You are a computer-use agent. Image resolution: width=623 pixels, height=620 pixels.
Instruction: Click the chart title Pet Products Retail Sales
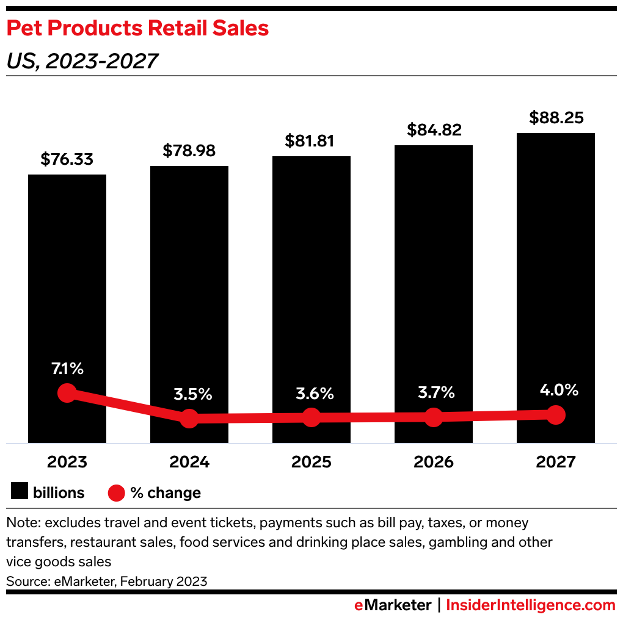(x=138, y=28)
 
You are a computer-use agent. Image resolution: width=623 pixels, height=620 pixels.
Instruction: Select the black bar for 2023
(x=67, y=275)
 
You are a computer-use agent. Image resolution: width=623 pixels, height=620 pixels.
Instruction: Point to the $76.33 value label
(x=67, y=159)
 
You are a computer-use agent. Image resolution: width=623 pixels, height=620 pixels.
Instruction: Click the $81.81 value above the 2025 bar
(x=311, y=141)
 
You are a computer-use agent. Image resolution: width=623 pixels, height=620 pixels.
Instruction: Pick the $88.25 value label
(x=555, y=118)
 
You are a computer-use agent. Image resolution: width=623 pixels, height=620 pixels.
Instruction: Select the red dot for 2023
(x=67, y=393)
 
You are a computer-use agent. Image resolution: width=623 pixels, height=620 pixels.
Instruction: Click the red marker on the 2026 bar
(x=433, y=417)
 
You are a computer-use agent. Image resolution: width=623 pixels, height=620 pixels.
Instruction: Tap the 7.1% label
(x=67, y=369)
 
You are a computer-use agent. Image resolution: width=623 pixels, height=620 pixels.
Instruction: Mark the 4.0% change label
(x=555, y=390)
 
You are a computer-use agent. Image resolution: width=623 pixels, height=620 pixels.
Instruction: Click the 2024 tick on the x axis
(x=189, y=461)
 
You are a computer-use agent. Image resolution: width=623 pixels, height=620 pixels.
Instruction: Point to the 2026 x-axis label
(x=433, y=461)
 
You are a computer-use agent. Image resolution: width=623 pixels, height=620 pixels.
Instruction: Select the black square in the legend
(x=19, y=492)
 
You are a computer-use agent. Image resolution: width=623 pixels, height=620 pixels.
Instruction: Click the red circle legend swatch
(x=116, y=492)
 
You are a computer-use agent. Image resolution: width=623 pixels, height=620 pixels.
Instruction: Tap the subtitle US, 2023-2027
(x=82, y=60)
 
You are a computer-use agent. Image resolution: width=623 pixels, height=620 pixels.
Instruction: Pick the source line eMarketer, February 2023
(x=107, y=581)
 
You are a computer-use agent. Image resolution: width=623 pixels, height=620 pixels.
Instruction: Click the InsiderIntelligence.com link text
(x=531, y=605)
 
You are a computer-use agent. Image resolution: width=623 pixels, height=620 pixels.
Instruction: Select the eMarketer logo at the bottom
(x=393, y=605)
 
